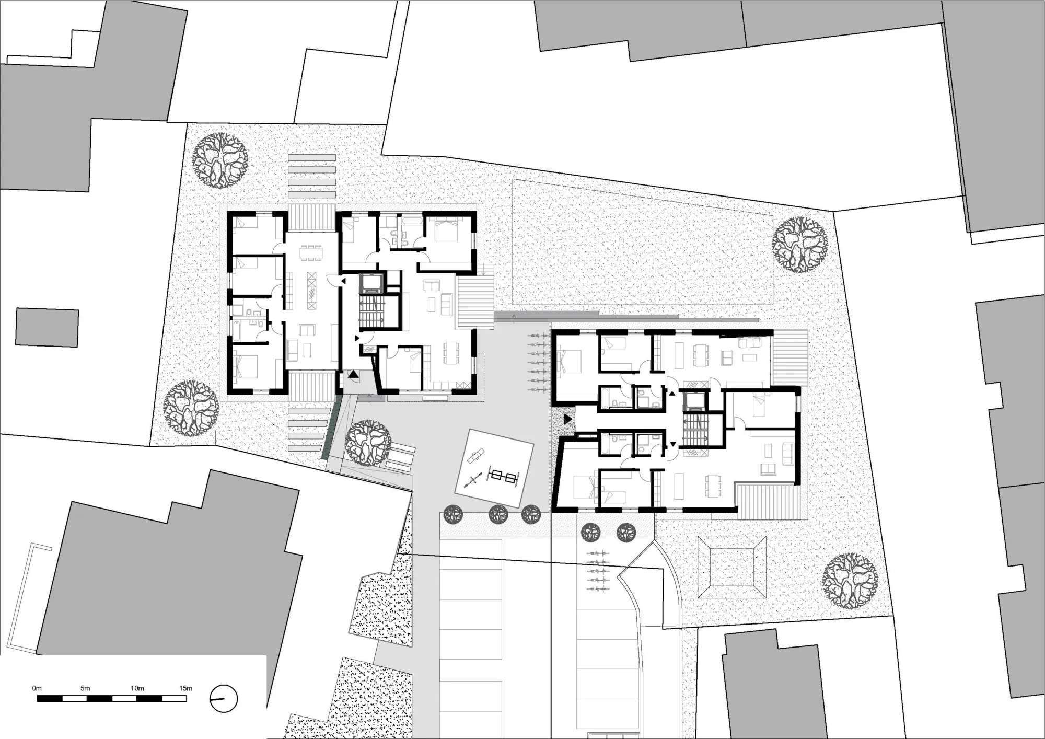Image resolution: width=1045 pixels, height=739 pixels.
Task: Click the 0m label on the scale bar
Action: point(37,688)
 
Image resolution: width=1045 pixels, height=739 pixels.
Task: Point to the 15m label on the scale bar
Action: point(185,688)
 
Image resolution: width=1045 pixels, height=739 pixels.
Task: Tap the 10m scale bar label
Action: point(137,688)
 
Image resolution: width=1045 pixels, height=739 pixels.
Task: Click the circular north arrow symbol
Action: point(224,699)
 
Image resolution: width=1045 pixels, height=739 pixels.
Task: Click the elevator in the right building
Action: point(694,400)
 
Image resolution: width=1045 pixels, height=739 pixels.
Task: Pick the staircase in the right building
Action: point(694,428)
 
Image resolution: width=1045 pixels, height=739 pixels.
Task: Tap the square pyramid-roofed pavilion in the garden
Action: point(731,567)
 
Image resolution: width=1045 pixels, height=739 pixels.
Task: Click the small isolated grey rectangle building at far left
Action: point(47,328)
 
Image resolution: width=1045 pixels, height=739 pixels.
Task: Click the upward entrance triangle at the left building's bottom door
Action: point(354,374)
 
